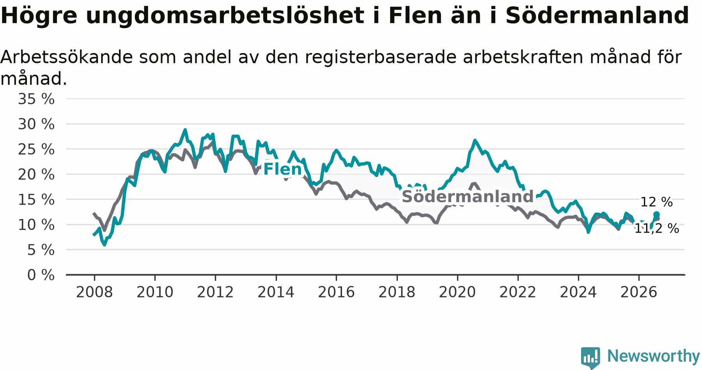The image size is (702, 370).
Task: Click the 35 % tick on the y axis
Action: tap(36, 99)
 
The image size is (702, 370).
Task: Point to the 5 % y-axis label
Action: tap(41, 250)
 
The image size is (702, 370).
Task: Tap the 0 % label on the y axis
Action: tap(41, 275)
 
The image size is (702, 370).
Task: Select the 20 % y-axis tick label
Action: tap(36, 174)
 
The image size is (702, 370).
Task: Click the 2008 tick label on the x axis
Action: tap(94, 292)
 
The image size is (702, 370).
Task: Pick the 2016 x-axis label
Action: tap(336, 292)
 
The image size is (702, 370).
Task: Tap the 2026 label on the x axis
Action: tap(639, 292)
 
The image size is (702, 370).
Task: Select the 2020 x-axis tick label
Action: tap(457, 292)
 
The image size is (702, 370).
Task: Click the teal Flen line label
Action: tap(283, 169)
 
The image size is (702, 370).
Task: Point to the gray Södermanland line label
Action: tap(467, 197)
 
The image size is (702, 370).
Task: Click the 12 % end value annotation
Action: tap(656, 202)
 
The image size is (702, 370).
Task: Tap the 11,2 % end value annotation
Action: tap(656, 229)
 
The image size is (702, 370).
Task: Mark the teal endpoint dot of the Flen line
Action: tap(656, 214)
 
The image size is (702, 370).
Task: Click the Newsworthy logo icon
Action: tap(590, 357)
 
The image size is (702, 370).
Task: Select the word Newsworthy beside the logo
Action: tap(654, 356)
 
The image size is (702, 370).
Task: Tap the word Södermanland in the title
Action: tap(597, 16)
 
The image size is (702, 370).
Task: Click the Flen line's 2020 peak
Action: tap(475, 140)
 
